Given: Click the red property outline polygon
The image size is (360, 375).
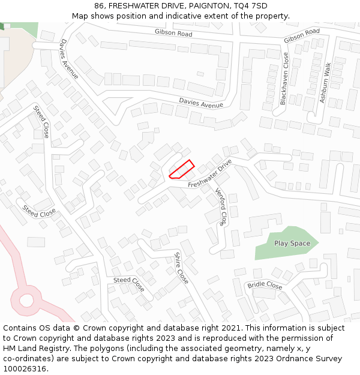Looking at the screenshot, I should pos(182,169).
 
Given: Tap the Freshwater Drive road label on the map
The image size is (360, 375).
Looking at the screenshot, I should pos(209,174).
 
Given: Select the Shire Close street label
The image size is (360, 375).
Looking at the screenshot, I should pos(181,268).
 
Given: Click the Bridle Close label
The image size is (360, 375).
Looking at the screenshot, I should pos(265,286).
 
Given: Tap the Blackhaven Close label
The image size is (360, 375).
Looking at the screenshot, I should pos(284,79).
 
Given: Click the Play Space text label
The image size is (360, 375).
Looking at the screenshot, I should pos(292,244).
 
